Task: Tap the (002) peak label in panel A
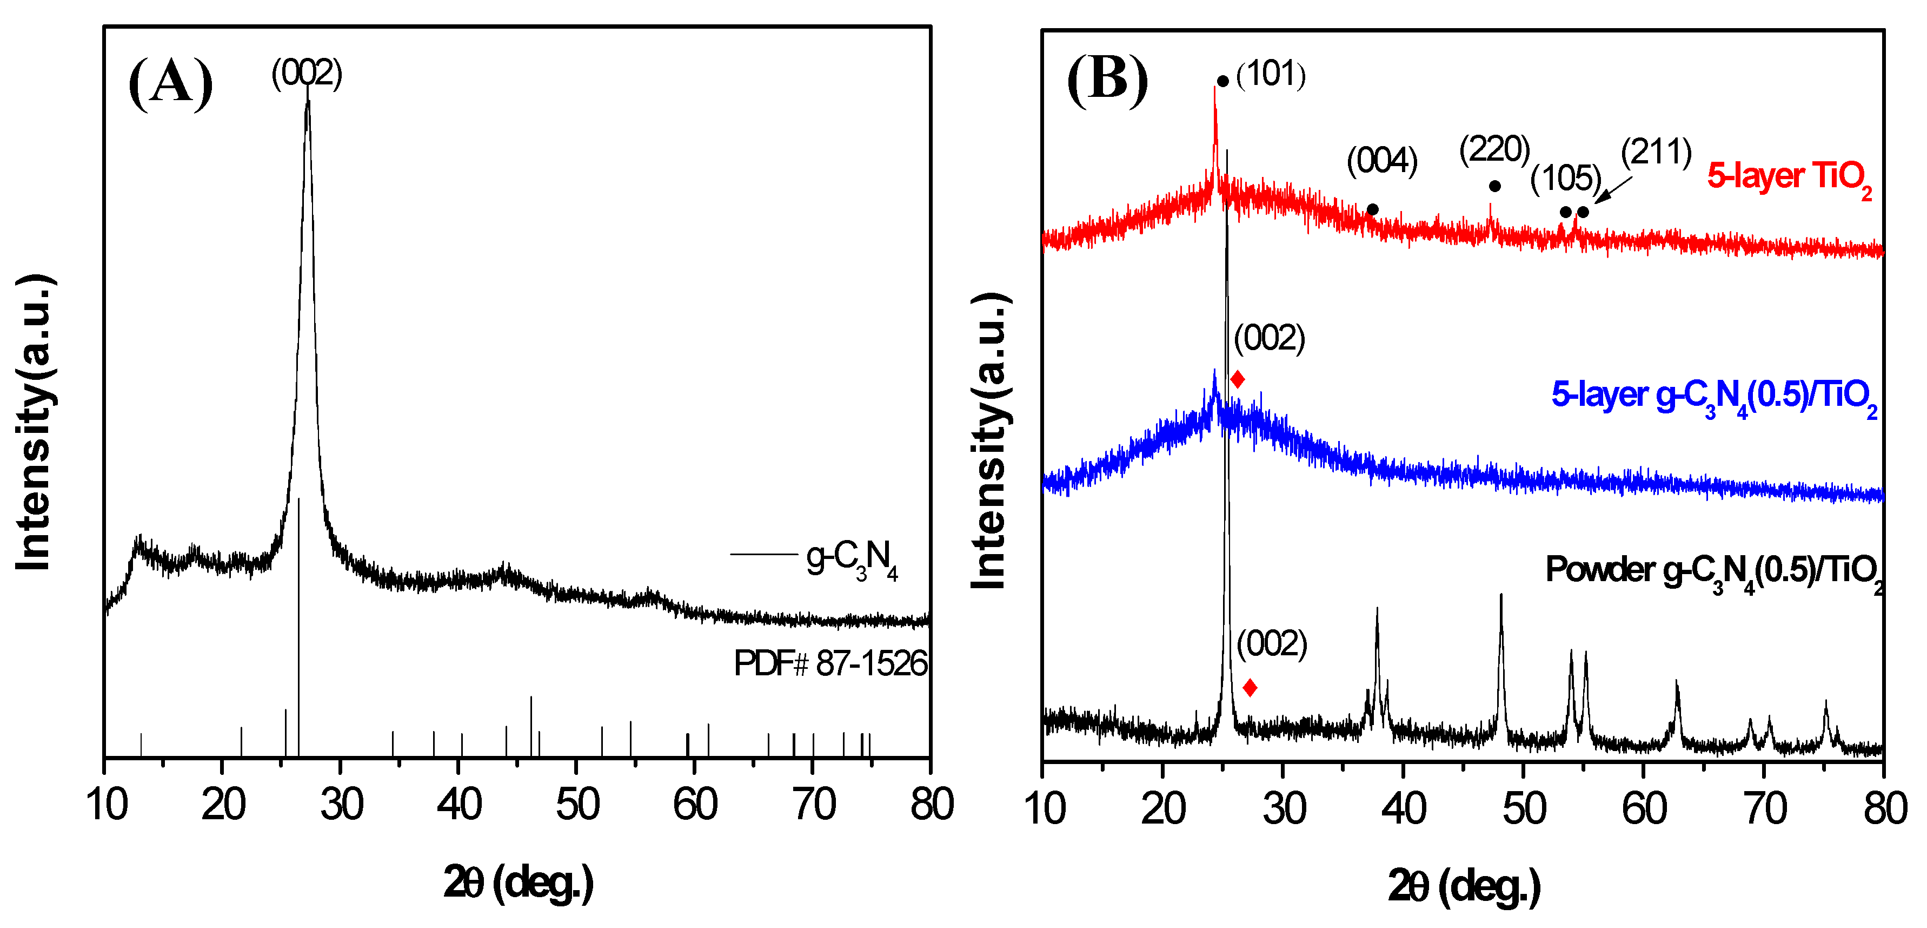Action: pos(307,74)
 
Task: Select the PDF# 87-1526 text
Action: pos(830,663)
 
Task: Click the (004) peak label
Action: pos(1381,161)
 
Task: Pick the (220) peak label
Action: pos(1494,150)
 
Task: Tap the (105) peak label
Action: pos(1566,178)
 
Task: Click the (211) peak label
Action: pos(1656,153)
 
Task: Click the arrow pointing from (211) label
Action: pos(1613,190)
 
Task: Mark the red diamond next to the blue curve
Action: pos(1237,379)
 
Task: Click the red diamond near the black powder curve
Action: pos(1250,688)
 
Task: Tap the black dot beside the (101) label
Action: pos(1222,81)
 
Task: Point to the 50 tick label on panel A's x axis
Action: pos(577,805)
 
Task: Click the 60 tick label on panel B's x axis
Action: pos(1644,809)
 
